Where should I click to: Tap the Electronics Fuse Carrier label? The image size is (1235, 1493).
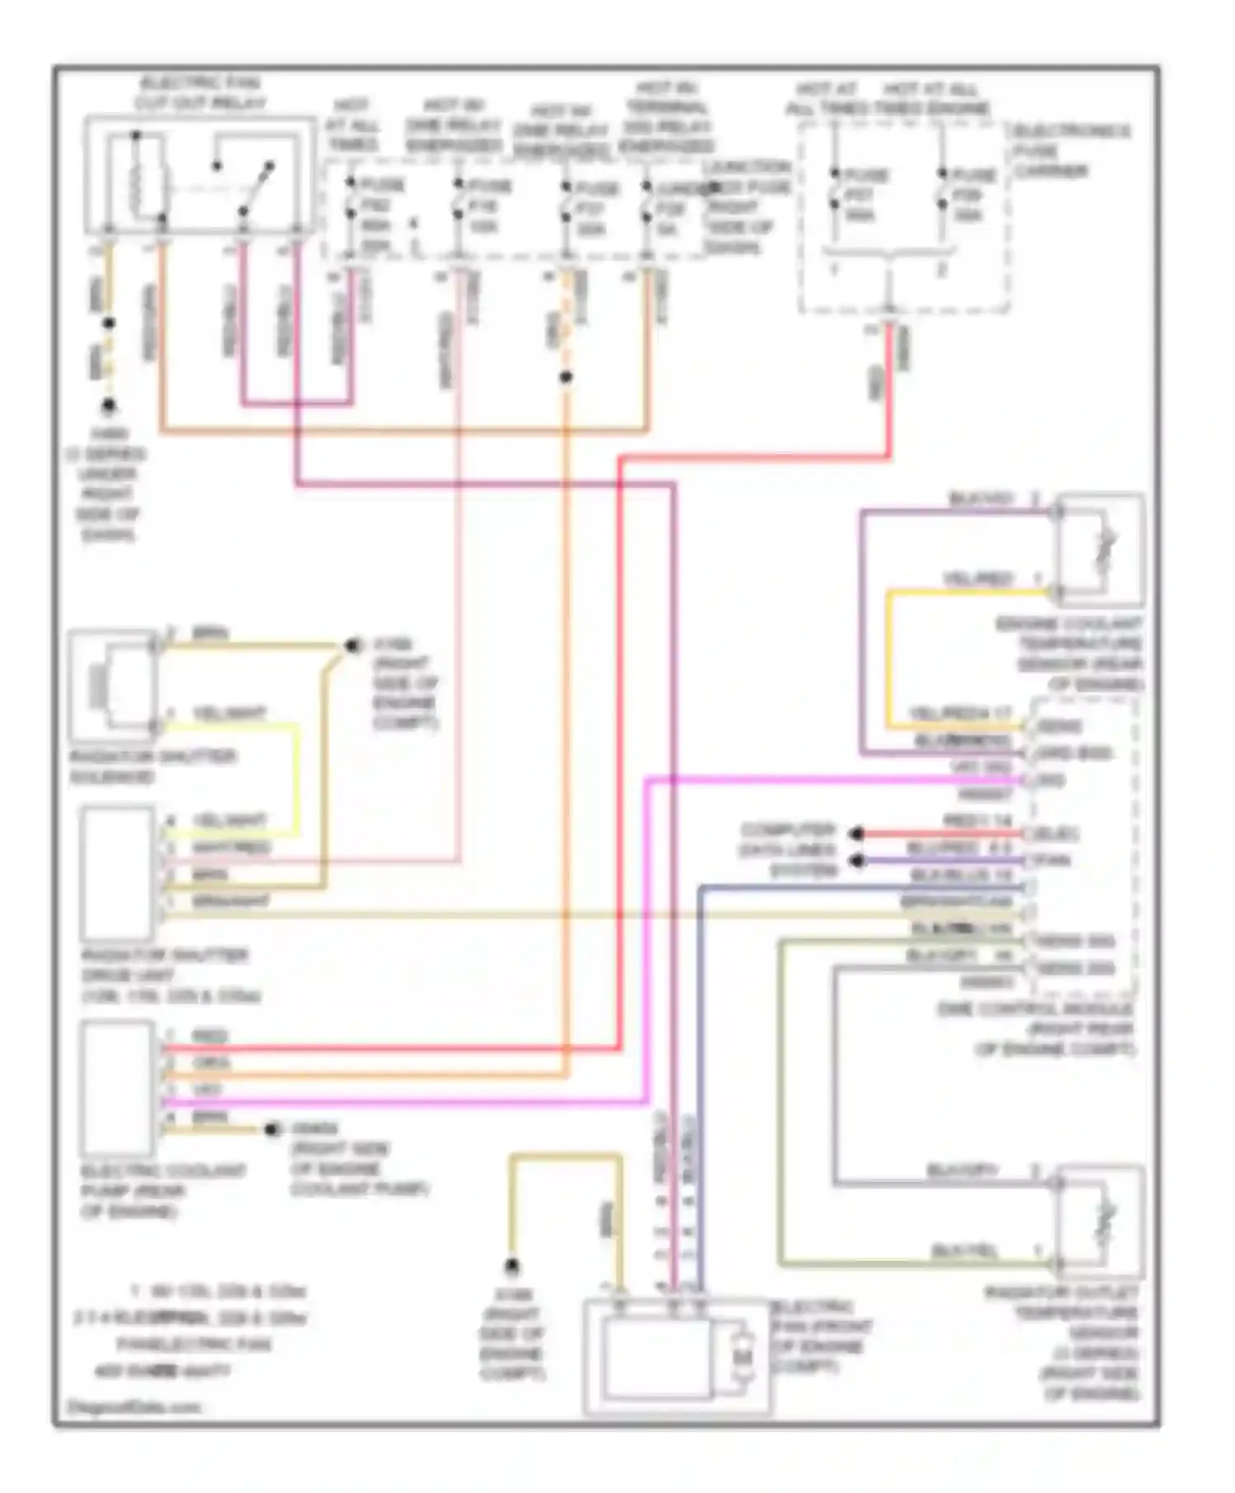point(1070,151)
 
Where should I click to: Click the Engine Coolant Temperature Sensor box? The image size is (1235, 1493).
point(1100,551)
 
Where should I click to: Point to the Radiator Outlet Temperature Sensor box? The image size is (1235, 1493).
point(1100,1221)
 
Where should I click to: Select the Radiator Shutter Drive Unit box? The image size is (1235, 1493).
point(118,873)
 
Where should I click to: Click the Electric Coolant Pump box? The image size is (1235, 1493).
point(118,1088)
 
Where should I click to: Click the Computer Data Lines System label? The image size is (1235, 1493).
point(788,849)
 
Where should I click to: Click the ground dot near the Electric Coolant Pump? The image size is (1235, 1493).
point(273,1129)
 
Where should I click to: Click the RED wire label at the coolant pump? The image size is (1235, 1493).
point(209,1036)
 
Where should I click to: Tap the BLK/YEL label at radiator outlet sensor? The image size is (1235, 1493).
point(963,1251)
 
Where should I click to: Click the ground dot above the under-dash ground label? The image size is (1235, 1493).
point(108,407)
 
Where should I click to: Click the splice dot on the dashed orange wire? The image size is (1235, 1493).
point(566,377)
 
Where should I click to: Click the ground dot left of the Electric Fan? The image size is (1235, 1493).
point(512,1266)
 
